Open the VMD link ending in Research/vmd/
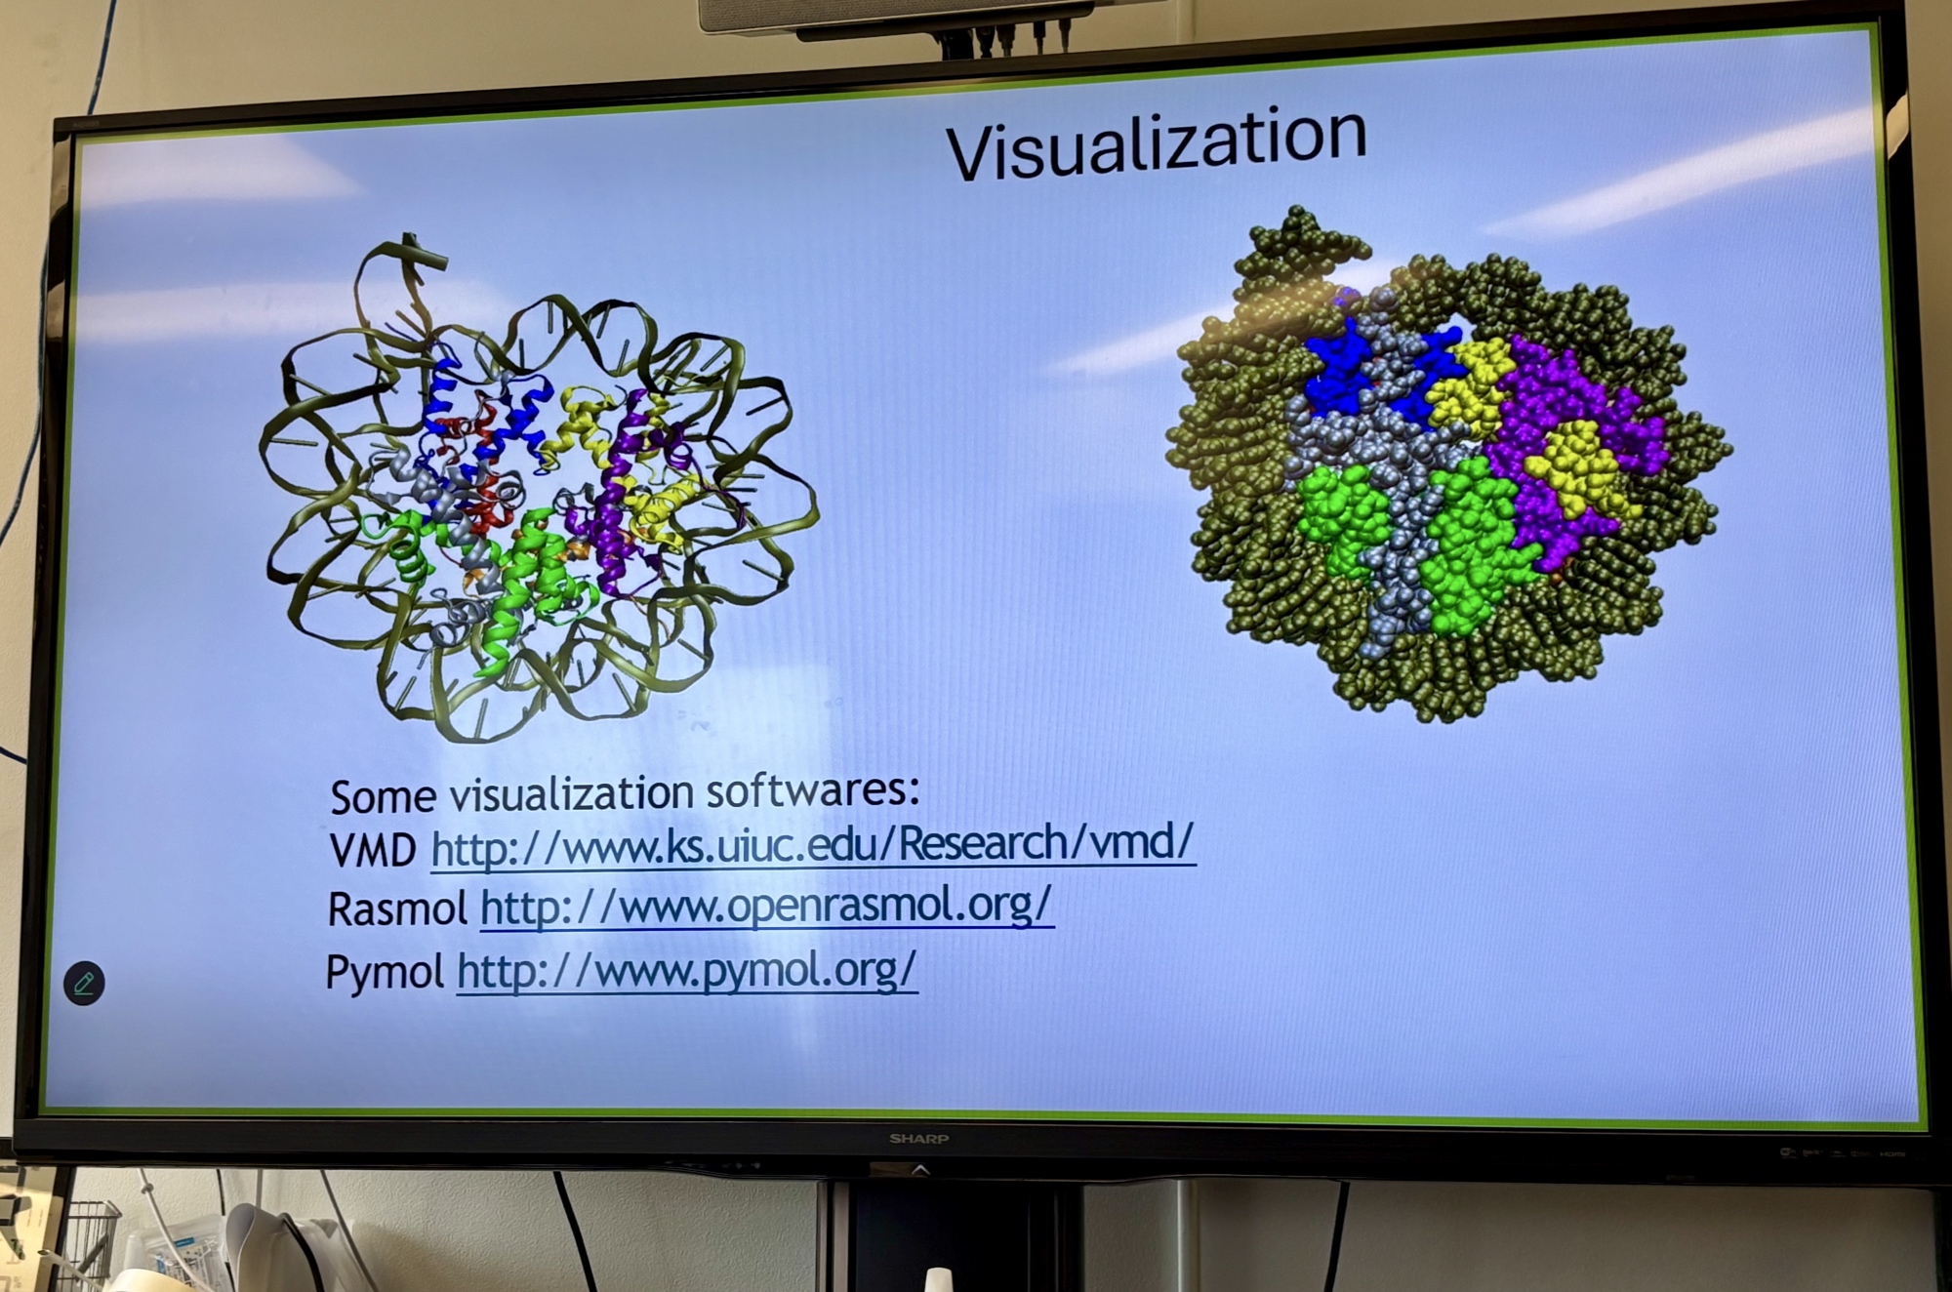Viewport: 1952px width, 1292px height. click(813, 844)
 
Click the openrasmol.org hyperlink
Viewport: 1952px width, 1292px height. click(767, 907)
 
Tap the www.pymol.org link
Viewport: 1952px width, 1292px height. click(687, 971)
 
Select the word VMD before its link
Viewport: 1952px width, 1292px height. click(374, 851)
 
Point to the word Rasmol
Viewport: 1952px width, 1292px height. click(397, 909)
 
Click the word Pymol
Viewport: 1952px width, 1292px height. click(385, 973)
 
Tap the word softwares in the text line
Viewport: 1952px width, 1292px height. click(813, 788)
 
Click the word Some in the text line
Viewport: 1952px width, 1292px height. click(383, 797)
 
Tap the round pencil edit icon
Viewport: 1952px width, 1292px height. click(84, 983)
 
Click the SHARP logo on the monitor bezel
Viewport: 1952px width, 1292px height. click(918, 1139)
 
